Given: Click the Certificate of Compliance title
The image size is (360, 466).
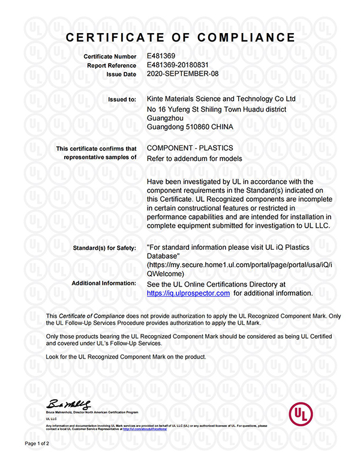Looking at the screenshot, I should coord(181,38).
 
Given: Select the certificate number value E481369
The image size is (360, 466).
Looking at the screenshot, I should coord(161,56).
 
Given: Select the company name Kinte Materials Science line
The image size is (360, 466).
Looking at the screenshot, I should coord(221,98).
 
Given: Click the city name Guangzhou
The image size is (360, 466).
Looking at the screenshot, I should coord(166,118).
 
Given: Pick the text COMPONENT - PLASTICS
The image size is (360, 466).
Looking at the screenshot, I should coord(190,148).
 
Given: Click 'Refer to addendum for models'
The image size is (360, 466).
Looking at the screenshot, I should coord(194,159).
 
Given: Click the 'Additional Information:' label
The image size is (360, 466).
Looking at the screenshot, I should coord(104,283).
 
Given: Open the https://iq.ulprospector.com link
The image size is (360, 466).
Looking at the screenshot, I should coord(188,293).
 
